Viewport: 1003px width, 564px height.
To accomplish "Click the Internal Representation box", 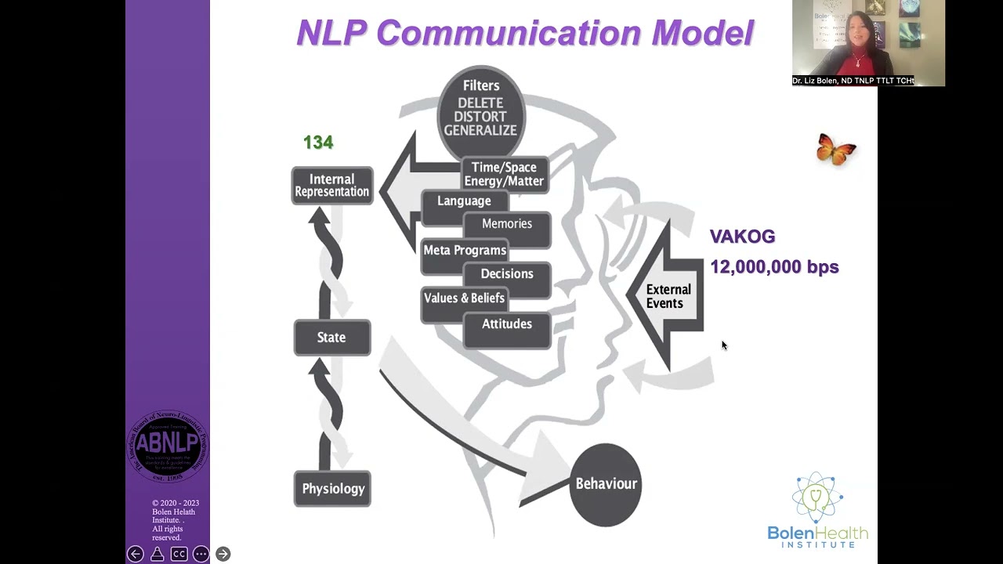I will pos(332,186).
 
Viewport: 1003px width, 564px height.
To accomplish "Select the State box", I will pos(332,338).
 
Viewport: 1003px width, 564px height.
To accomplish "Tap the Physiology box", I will pos(332,489).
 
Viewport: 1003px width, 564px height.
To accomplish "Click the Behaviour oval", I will pos(606,484).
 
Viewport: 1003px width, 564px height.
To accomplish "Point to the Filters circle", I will pos(480,107).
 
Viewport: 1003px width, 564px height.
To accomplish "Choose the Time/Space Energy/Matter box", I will pos(504,175).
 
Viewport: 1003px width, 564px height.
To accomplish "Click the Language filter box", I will pos(464,201).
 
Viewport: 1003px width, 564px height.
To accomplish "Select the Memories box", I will pos(506,224).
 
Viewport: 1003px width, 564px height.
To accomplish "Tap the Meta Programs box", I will pos(465,251).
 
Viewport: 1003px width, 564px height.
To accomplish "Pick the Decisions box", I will pos(506,274).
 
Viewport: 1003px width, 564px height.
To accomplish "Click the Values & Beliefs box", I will pos(464,298).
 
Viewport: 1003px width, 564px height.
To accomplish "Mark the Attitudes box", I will pos(506,324).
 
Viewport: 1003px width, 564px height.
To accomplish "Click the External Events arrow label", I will pos(668,297).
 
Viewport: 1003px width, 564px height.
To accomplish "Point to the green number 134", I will pos(318,143).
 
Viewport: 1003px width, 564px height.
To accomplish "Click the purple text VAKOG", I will pos(742,237).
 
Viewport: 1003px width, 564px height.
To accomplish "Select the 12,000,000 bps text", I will pos(774,267).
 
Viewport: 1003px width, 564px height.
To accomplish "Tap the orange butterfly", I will pos(836,149).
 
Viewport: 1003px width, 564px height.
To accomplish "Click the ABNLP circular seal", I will pos(167,446).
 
